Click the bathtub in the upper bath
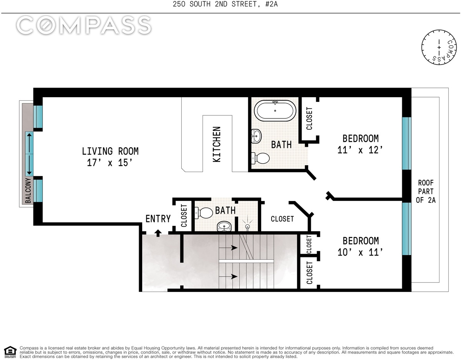pos(275,111)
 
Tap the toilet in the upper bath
pos(260,158)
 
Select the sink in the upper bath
pos(256,136)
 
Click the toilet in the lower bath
pos(204,213)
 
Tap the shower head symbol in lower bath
pos(247,225)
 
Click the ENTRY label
pos(158,219)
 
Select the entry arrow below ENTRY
pos(158,233)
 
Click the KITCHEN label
pos(217,144)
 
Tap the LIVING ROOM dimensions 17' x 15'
pos(110,163)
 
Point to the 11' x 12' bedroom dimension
pos(360,150)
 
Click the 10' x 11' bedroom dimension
pos(360,252)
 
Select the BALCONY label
pos(28,190)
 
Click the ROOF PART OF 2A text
pos(426,191)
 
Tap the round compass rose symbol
pos(439,47)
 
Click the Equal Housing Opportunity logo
pos(10,352)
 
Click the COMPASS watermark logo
pos(84,25)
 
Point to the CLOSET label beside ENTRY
pos(184,216)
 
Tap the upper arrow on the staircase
pos(228,247)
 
